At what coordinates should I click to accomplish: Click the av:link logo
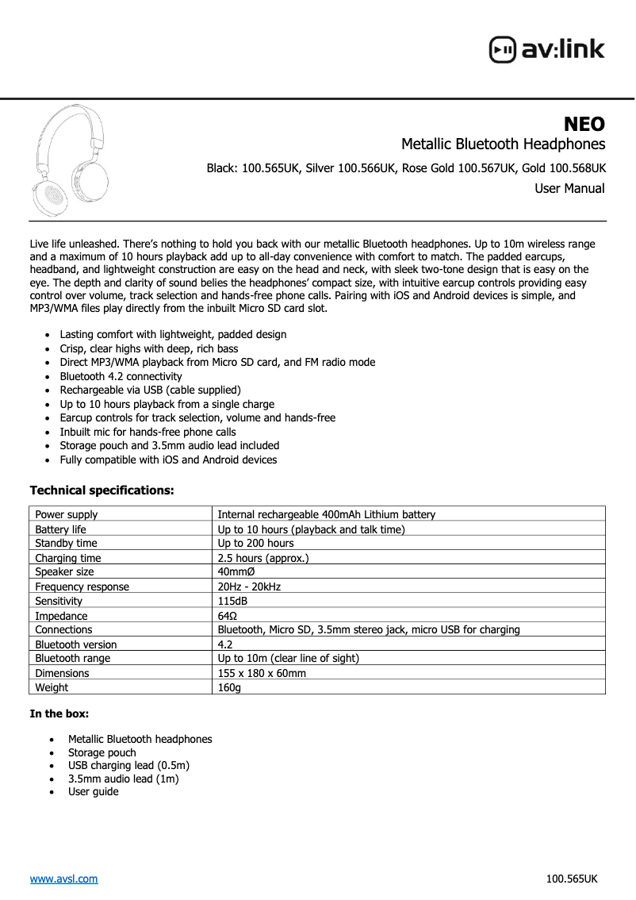tap(546, 49)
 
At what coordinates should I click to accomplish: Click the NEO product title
tap(584, 124)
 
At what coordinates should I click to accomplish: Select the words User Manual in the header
tap(569, 189)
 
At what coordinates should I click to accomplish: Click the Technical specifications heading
tap(102, 490)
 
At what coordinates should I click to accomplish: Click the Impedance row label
tap(61, 616)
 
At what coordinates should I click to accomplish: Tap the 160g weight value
tap(229, 687)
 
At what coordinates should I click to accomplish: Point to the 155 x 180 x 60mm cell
tap(262, 673)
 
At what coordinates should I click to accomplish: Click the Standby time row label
tap(66, 543)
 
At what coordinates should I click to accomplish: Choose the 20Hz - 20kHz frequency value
tap(249, 587)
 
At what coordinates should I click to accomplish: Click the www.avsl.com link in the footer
tap(63, 879)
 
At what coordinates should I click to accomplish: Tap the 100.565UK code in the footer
tap(572, 879)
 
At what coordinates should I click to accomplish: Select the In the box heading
tap(59, 713)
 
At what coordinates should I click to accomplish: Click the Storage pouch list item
tap(102, 752)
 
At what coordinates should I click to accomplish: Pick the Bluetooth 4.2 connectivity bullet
tap(121, 376)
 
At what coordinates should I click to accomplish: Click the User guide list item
tap(93, 791)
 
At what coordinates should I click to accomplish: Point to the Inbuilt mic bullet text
tap(148, 432)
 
